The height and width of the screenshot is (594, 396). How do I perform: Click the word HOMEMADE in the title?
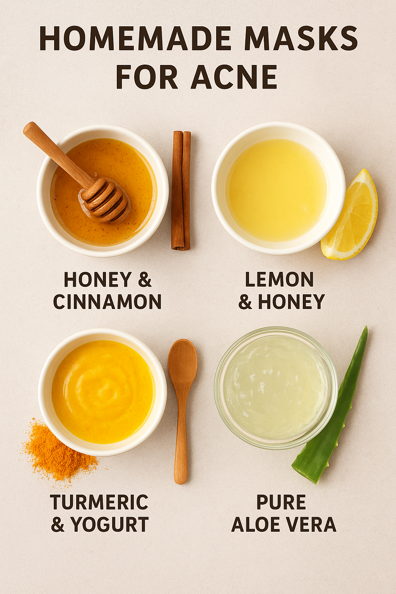click(x=135, y=38)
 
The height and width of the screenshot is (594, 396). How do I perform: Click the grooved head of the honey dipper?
click(x=104, y=200)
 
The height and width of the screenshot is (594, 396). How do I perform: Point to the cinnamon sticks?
click(x=181, y=190)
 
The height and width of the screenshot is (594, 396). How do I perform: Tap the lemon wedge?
click(x=350, y=215)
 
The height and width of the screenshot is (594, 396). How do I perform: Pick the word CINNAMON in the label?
click(x=108, y=302)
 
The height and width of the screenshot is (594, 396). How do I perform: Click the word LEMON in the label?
click(x=279, y=279)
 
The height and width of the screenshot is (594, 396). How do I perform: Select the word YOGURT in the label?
click(x=109, y=524)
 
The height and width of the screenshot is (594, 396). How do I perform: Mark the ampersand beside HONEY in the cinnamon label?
click(x=145, y=280)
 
